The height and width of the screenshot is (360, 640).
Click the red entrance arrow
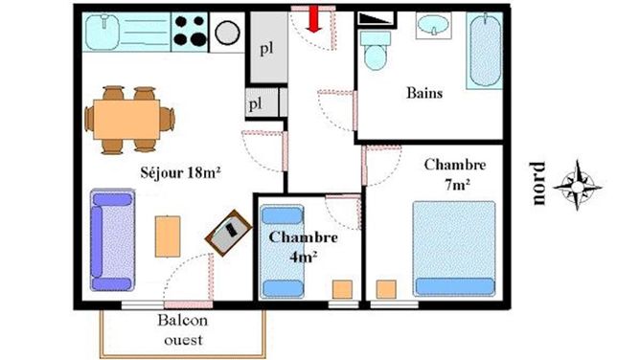[x=314, y=19]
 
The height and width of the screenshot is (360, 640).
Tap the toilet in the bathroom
[x=376, y=51]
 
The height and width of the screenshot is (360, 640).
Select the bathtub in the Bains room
[x=485, y=51]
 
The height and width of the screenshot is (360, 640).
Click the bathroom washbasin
[x=433, y=25]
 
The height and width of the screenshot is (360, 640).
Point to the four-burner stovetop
[x=190, y=32]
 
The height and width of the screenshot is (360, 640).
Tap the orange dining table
[x=126, y=120]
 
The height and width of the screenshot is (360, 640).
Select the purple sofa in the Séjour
[x=112, y=239]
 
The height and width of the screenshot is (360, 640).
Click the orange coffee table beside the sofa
[x=168, y=236]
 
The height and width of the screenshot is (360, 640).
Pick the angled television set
[x=228, y=233]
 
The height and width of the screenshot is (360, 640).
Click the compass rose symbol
[x=577, y=186]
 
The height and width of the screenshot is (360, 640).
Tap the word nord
[x=537, y=184]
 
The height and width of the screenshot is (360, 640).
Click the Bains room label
[x=424, y=93]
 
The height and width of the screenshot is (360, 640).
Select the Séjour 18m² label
[x=180, y=172]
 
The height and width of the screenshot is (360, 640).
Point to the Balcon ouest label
[x=183, y=329]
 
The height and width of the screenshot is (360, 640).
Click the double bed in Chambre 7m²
[x=454, y=249]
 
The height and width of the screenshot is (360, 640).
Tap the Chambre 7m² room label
[x=455, y=174]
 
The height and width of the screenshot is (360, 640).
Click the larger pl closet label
[x=267, y=49]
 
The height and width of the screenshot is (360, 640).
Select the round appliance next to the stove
[x=227, y=33]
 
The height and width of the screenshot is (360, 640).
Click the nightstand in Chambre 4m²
[x=342, y=289]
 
